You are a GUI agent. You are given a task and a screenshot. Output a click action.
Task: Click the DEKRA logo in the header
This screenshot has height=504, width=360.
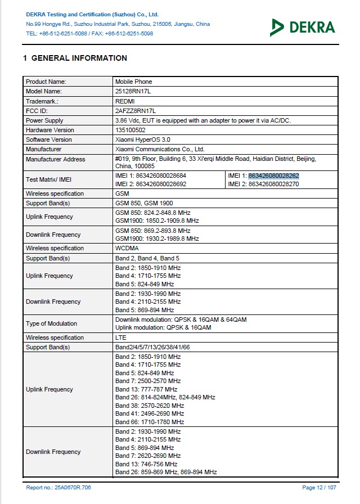(302, 26)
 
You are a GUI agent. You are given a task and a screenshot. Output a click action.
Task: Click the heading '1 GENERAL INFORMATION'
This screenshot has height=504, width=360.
(75, 58)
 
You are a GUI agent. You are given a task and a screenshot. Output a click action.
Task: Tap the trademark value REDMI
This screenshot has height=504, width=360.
(125, 101)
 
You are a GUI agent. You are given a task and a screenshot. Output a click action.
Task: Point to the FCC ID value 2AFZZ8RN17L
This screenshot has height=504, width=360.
(135, 111)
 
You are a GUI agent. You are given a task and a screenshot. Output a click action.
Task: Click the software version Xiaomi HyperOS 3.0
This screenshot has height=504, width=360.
(143, 139)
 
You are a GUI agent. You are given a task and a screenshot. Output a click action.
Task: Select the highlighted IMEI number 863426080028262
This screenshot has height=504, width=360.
(273, 175)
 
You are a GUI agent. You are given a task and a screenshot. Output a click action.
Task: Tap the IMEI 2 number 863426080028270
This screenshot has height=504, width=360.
(273, 184)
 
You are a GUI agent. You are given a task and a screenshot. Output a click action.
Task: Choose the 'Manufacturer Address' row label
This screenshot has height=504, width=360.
(56, 159)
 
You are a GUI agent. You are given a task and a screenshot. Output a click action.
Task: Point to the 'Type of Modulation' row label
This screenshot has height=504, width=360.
(51, 323)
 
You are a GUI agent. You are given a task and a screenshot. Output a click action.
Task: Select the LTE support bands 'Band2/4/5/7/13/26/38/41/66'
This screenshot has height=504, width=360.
(152, 348)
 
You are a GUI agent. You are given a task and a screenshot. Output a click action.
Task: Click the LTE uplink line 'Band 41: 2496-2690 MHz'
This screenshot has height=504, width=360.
(150, 413)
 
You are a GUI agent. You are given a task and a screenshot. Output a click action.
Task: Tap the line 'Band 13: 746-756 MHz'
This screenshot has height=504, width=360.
(146, 464)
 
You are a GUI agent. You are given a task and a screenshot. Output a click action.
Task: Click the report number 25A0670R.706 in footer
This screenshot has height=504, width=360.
(58, 488)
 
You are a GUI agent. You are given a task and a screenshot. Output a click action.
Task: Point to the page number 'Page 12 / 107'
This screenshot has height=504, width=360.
(319, 488)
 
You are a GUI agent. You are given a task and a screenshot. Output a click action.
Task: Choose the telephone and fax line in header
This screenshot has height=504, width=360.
(89, 33)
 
